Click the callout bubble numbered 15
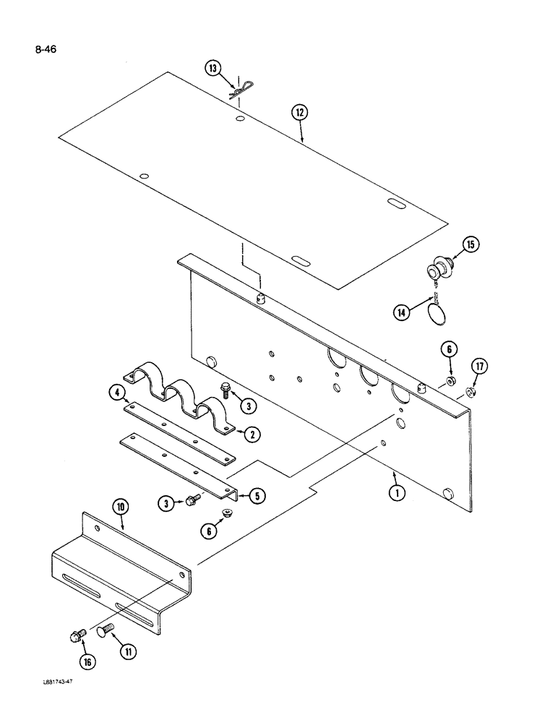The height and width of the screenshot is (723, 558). pyautogui.click(x=470, y=245)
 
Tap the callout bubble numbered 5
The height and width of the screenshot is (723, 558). pyautogui.click(x=254, y=496)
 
